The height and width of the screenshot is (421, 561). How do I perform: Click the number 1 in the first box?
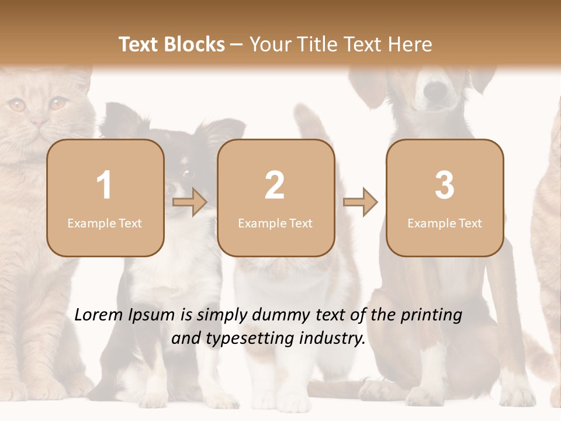[104, 185]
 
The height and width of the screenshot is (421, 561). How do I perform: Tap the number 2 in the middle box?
[275, 185]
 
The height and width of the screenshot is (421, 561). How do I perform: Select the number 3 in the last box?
[445, 185]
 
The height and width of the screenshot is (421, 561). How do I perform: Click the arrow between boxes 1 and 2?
[190, 202]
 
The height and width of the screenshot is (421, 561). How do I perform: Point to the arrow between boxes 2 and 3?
[360, 202]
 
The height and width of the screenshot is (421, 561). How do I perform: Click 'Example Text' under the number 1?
[105, 223]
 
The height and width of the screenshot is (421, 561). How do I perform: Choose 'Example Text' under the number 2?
[275, 223]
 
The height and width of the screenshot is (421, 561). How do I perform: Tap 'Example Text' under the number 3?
[445, 223]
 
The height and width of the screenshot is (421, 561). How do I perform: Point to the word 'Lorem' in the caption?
[100, 315]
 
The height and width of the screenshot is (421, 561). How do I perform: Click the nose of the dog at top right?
[435, 89]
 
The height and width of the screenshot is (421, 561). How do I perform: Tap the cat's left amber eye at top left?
[16, 105]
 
